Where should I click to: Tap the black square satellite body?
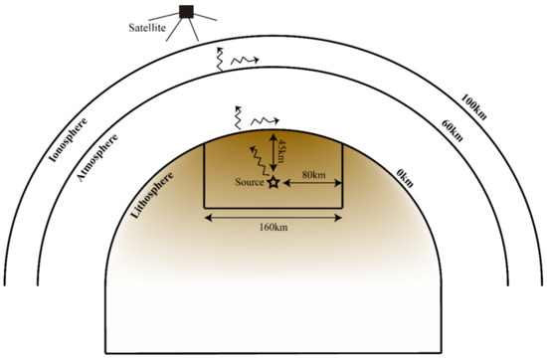pos(184,11)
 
